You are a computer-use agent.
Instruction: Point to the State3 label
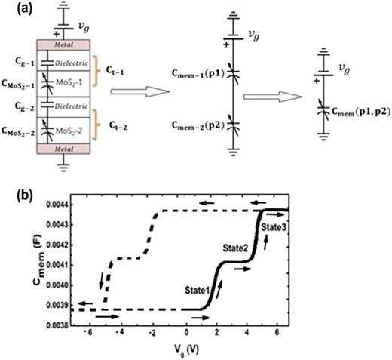click(x=272, y=226)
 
